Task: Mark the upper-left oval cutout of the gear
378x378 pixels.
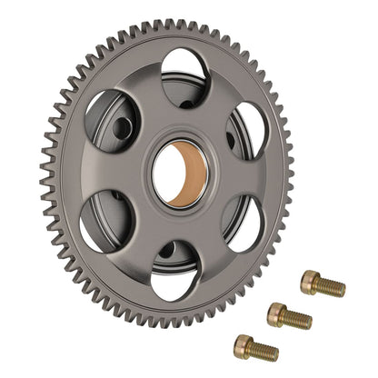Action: tap(113, 123)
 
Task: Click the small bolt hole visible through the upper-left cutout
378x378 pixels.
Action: tap(119, 128)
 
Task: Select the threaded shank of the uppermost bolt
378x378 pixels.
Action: tap(331, 287)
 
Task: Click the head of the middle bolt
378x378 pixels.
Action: tap(278, 313)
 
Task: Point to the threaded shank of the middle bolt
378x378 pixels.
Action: tap(298, 319)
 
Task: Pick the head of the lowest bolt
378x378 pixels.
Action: tap(244, 344)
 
